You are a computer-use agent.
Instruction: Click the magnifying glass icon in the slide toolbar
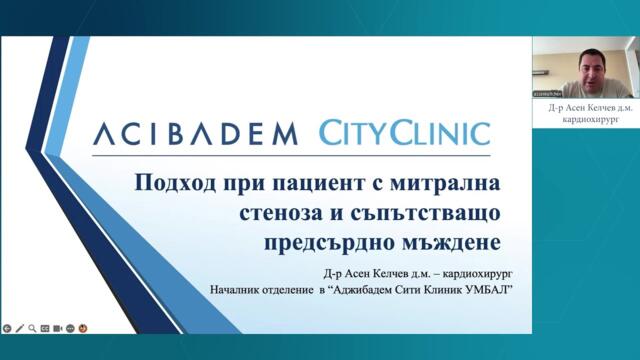point(33,327)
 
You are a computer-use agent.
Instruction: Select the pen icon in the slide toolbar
point(20,327)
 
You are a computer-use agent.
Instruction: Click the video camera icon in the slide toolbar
point(58,327)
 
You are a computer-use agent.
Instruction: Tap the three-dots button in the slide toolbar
point(71,327)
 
